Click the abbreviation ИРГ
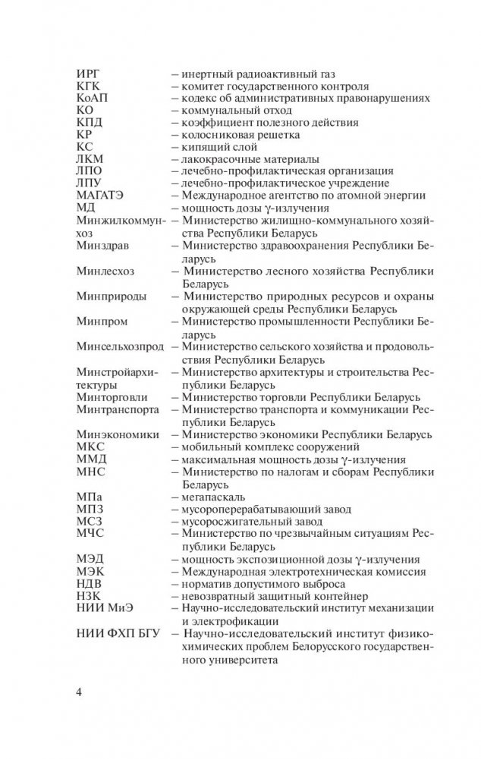[x=90, y=74]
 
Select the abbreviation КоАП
[x=94, y=98]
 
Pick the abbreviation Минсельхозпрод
[x=120, y=347]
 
